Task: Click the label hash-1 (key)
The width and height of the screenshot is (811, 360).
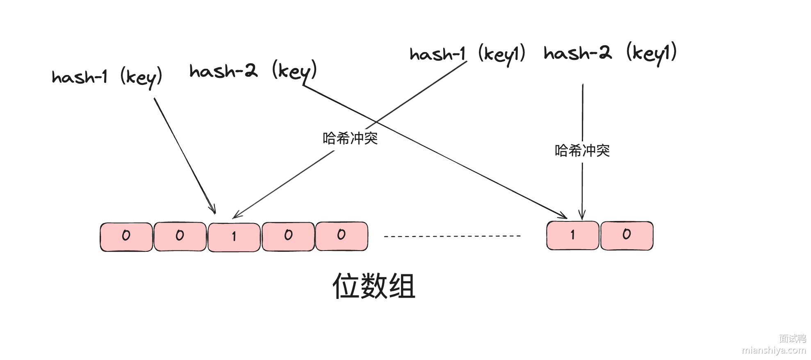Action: [x=107, y=77]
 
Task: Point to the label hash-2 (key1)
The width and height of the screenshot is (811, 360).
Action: [x=610, y=53]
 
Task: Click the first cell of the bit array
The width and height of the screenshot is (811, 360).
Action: [x=126, y=237]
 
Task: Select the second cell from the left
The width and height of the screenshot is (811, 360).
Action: [x=180, y=237]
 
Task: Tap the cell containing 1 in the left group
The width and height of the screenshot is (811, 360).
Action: [x=234, y=237]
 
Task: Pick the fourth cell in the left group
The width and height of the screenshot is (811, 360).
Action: [x=288, y=236]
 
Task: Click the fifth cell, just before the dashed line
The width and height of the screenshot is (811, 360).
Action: [x=342, y=236]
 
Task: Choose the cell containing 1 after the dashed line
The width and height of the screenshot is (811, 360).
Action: [x=573, y=235]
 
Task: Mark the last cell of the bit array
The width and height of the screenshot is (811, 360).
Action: [x=627, y=235]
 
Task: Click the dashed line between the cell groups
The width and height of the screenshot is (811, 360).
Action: [x=452, y=236]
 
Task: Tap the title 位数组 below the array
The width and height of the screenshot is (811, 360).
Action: [x=374, y=286]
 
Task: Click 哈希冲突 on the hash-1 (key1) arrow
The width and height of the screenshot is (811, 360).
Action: [x=350, y=139]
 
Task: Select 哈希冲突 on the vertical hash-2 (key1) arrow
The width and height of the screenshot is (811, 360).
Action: [x=582, y=151]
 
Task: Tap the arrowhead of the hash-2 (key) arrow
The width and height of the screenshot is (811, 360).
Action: [x=564, y=216]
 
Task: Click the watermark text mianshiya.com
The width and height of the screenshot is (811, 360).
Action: [x=774, y=350]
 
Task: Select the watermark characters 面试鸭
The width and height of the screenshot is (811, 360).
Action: [x=792, y=339]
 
